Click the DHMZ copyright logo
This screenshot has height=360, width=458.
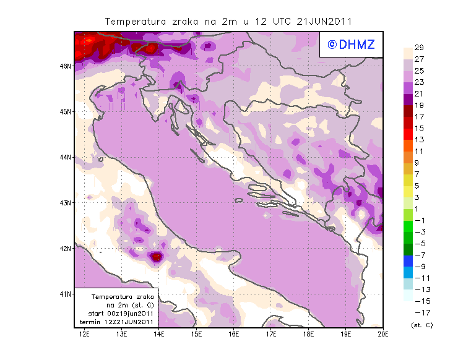click(x=352, y=44)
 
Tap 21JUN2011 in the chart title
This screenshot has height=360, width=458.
click(x=324, y=21)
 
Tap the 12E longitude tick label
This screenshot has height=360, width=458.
click(x=84, y=334)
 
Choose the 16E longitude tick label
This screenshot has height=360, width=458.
click(x=234, y=334)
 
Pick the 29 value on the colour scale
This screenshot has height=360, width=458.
click(x=419, y=48)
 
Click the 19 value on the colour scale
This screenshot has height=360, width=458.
click(x=419, y=106)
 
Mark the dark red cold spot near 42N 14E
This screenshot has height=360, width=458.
click(x=156, y=256)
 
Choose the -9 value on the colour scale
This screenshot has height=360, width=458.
click(x=419, y=267)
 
